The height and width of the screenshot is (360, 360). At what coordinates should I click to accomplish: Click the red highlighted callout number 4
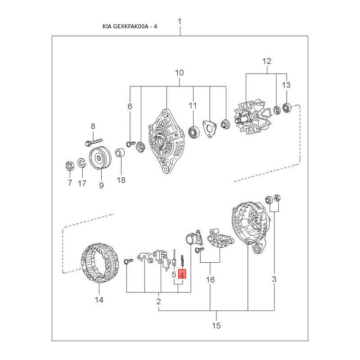click(182, 274)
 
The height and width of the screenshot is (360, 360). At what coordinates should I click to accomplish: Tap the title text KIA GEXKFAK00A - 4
click(130, 27)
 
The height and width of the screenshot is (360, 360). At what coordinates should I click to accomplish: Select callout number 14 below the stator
click(99, 300)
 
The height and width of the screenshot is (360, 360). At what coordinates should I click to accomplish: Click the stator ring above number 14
click(100, 263)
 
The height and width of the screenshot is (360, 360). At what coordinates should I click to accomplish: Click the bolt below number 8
click(94, 142)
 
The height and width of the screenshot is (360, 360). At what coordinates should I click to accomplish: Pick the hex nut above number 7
click(70, 166)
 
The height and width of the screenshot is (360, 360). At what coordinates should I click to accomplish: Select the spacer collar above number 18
click(120, 153)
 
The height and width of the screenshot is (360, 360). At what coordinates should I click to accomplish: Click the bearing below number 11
click(194, 132)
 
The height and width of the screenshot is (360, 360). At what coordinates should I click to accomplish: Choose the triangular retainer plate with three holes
click(209, 129)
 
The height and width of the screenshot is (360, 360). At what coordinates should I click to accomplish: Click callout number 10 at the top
click(179, 73)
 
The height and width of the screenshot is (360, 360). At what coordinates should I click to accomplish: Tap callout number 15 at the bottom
click(216, 325)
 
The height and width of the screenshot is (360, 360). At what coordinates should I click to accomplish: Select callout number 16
click(210, 279)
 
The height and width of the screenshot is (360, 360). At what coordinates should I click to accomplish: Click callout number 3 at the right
click(274, 279)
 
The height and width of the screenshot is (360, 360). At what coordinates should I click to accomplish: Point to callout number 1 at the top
click(180, 22)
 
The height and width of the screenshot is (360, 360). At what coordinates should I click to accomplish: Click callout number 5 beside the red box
click(174, 274)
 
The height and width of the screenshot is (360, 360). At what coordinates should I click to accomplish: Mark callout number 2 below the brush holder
click(158, 301)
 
